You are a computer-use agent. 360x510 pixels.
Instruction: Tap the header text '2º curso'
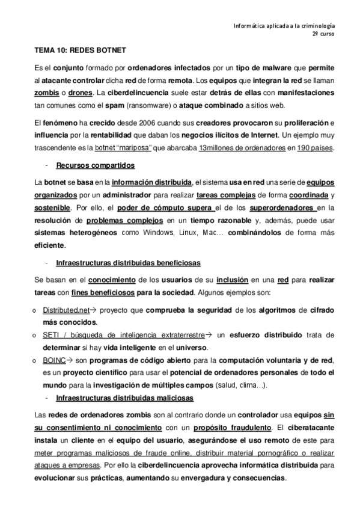(323, 35)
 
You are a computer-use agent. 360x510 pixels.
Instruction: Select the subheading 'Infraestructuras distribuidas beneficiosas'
(128, 263)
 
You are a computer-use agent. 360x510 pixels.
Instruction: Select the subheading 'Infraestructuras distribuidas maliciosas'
(124, 398)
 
